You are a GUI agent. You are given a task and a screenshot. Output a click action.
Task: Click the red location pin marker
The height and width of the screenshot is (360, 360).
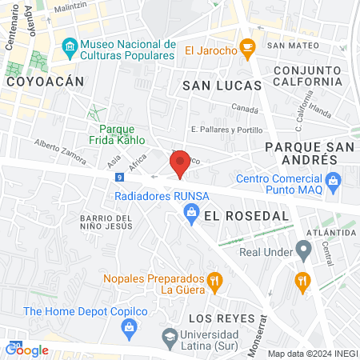coord(181,163)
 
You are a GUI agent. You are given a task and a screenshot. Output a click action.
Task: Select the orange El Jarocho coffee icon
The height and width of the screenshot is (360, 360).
coord(248,50)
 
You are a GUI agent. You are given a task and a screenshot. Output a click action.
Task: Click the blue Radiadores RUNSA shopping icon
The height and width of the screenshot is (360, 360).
coord(192,212)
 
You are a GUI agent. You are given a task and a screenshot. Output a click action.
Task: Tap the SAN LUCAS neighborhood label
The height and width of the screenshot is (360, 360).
coord(222,85)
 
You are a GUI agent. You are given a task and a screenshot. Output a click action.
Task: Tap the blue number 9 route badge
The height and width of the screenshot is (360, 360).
coord(119,176)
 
